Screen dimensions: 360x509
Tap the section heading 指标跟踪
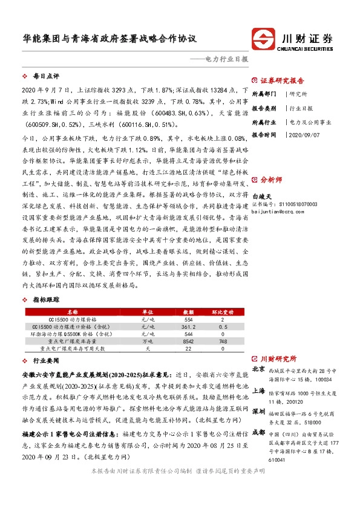pyautogui.click(x=46, y=299)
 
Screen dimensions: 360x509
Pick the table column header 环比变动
pyautogui.click(x=222, y=311)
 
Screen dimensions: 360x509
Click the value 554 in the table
pyautogui.click(x=188, y=319)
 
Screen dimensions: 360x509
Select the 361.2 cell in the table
pyautogui.click(x=188, y=326)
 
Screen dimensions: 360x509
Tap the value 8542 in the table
pyautogui.click(x=188, y=342)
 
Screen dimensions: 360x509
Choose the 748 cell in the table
pyautogui.click(x=222, y=342)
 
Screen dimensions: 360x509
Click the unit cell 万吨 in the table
pyautogui.click(x=146, y=342)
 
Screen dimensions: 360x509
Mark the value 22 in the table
pyautogui.click(x=188, y=349)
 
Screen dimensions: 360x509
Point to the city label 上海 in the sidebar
pyautogui.click(x=258, y=391)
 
